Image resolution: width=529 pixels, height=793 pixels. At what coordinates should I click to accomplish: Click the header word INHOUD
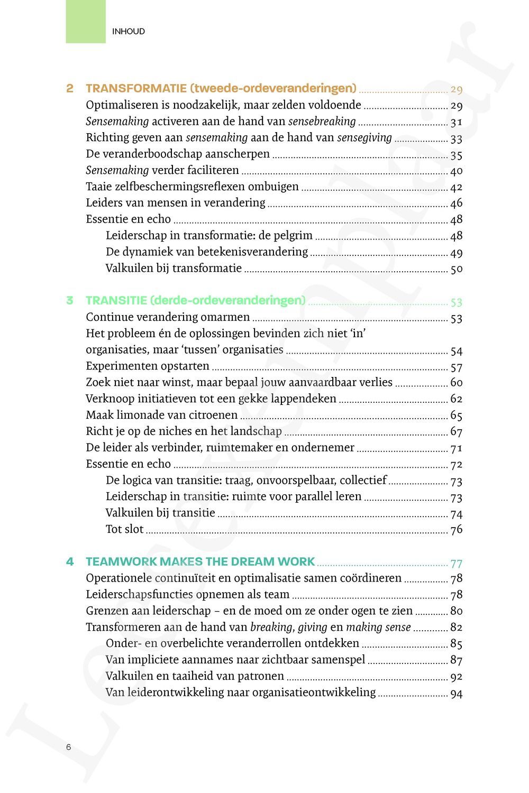click(129, 32)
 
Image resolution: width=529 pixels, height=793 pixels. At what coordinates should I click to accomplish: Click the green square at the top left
click(85, 22)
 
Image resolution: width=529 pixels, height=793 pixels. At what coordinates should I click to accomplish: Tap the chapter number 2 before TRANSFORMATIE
click(70, 88)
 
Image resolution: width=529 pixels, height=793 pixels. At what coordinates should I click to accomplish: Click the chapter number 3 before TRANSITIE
click(70, 300)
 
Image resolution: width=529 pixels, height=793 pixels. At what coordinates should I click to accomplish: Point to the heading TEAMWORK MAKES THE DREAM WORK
click(200, 561)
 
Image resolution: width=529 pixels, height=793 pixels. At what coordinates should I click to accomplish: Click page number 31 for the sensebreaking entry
click(457, 122)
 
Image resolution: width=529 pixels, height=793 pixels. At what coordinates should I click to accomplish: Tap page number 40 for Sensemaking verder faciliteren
click(457, 171)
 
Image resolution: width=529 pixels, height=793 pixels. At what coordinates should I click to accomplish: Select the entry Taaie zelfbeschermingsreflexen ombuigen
click(192, 187)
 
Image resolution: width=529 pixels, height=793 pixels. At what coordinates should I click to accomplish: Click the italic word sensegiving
click(364, 138)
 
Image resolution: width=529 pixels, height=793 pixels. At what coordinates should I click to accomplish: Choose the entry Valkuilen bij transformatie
click(174, 268)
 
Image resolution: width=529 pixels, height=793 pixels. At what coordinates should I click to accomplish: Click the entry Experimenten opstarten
click(148, 366)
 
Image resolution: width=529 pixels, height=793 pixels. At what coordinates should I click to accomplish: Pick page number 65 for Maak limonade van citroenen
click(457, 416)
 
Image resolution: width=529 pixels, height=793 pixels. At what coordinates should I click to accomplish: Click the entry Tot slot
click(125, 529)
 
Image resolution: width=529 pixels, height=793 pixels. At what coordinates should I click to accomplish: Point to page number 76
click(457, 530)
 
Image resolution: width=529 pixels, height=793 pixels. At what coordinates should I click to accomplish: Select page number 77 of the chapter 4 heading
click(457, 563)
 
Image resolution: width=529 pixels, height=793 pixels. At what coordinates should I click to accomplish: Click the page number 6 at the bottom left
click(69, 747)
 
